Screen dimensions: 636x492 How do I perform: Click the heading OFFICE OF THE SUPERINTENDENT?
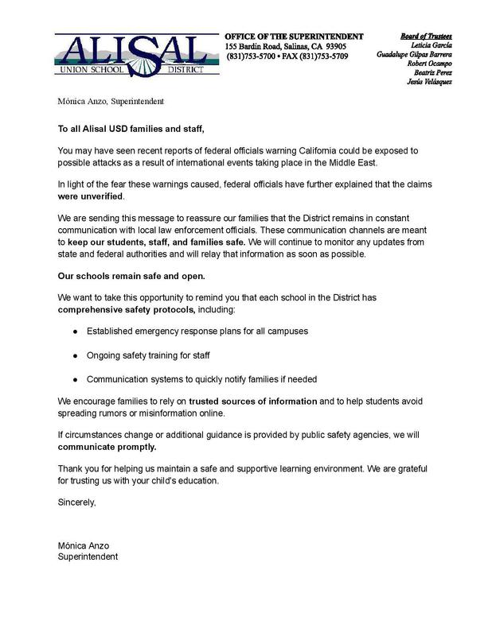click(x=294, y=36)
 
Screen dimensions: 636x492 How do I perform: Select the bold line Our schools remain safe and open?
click(x=131, y=276)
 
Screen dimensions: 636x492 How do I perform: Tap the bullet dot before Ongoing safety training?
click(x=75, y=354)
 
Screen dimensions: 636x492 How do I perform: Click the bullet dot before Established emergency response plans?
click(x=75, y=330)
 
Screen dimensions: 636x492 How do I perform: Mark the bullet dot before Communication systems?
click(x=75, y=378)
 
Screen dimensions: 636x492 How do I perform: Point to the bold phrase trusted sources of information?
click(x=253, y=401)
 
